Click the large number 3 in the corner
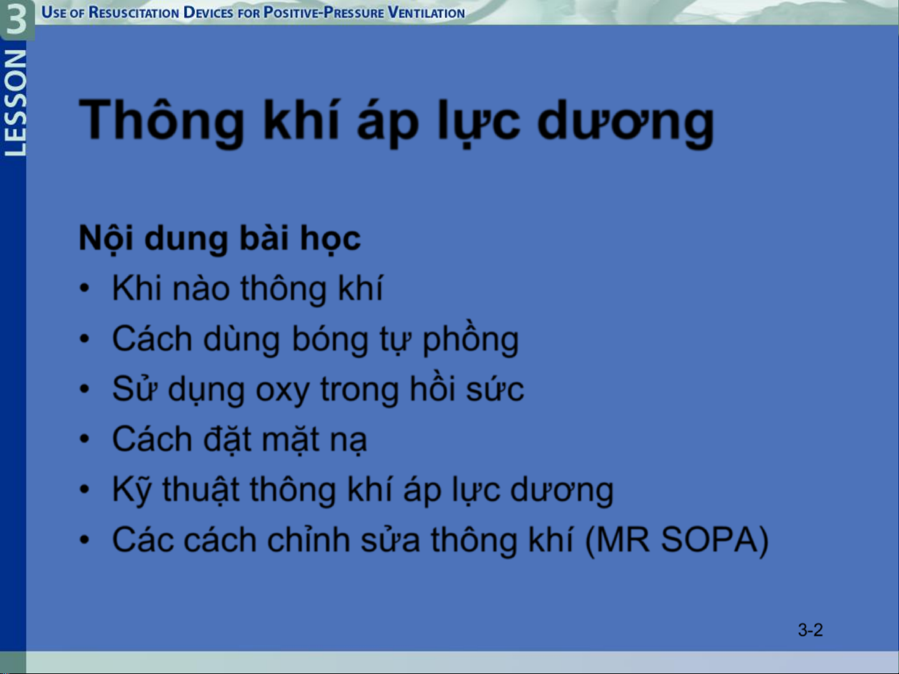coord(16,19)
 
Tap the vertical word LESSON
coord(15,103)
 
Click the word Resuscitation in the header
coord(134,12)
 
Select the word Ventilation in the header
coord(426,12)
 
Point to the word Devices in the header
coord(208,12)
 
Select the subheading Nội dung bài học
coord(220,238)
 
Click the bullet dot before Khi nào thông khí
coord(84,288)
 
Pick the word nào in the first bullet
coord(201,289)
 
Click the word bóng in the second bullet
coord(330,339)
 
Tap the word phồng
coord(470,338)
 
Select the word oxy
coord(282,390)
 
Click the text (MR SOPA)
coord(677,540)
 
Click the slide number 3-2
coord(810,630)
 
